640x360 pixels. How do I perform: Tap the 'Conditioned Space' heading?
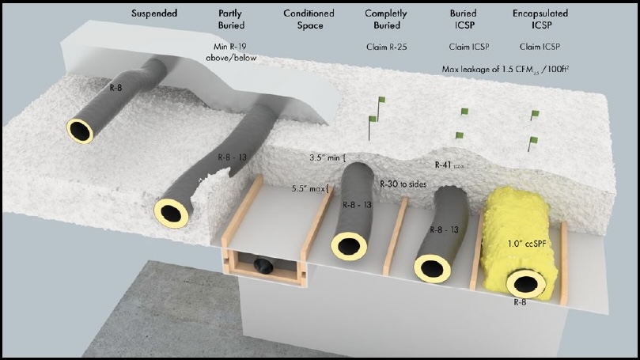(309, 20)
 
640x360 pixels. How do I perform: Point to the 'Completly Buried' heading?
(386, 20)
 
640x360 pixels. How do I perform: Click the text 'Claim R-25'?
(385, 47)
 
